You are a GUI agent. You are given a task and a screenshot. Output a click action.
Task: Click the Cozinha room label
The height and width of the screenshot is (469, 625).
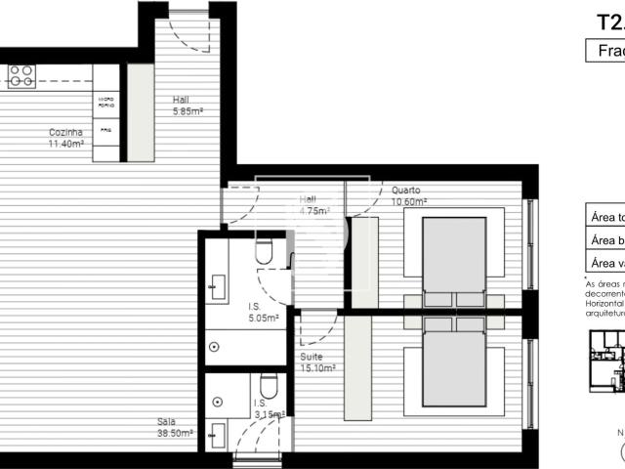tap(65, 132)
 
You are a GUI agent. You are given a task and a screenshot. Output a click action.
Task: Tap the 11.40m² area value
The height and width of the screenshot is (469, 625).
tap(66, 143)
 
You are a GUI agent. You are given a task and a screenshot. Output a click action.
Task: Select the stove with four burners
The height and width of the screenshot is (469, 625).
tap(21, 75)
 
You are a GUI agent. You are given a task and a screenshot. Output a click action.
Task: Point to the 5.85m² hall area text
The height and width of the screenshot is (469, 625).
tap(187, 110)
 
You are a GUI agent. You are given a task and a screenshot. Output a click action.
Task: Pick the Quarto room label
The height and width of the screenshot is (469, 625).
tap(406, 191)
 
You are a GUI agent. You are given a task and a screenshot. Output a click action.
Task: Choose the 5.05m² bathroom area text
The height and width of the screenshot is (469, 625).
tap(263, 318)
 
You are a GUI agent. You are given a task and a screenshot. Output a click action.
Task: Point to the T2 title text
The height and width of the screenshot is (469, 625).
tap(610, 21)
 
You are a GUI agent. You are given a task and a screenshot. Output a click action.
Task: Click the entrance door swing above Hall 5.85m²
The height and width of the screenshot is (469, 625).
tap(187, 29)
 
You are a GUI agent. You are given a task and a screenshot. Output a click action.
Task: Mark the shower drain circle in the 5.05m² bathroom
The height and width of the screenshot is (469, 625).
tap(214, 345)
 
